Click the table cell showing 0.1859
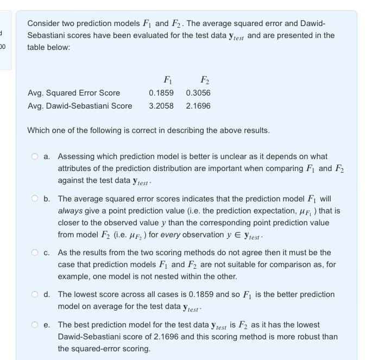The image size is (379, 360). pos(161,93)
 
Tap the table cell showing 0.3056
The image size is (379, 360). pos(198,93)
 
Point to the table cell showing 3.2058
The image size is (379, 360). pos(161,106)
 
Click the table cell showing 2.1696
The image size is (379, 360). pos(198,106)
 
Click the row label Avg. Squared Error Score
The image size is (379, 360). pos(74,93)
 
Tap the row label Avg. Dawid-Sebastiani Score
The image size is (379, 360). pos(80,106)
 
